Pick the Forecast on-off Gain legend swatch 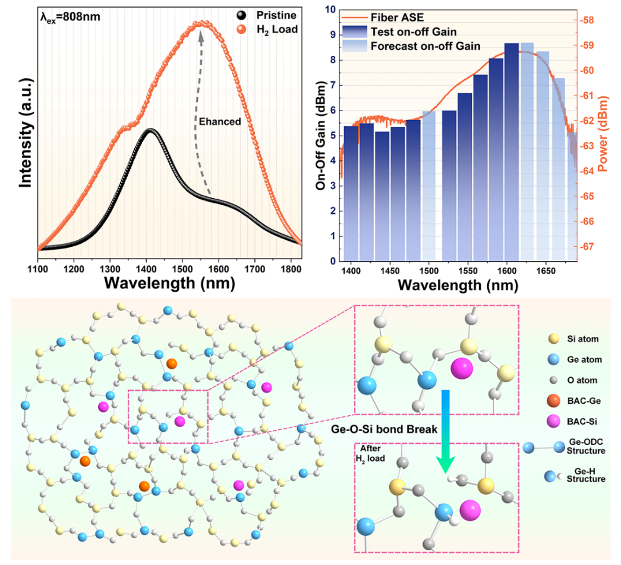tap(355, 46)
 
